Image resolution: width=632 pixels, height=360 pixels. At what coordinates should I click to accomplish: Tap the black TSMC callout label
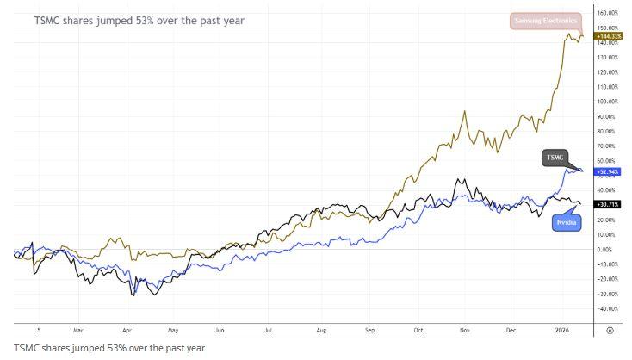555,158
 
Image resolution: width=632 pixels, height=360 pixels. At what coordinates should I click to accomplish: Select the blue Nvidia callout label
567,222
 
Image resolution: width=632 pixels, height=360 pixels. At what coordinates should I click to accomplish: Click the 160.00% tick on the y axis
607,13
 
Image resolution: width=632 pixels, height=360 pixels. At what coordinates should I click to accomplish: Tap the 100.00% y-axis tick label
607,102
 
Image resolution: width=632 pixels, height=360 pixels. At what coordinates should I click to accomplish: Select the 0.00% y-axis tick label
607,250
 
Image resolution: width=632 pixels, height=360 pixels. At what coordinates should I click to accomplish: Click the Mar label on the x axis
77,329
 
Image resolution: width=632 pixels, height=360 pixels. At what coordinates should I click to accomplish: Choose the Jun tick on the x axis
220,329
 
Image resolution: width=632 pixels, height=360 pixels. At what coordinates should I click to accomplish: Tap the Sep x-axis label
370,329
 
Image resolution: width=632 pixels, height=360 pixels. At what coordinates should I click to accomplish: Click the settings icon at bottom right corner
610,329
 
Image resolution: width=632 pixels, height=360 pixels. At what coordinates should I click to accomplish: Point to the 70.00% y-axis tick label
607,146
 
